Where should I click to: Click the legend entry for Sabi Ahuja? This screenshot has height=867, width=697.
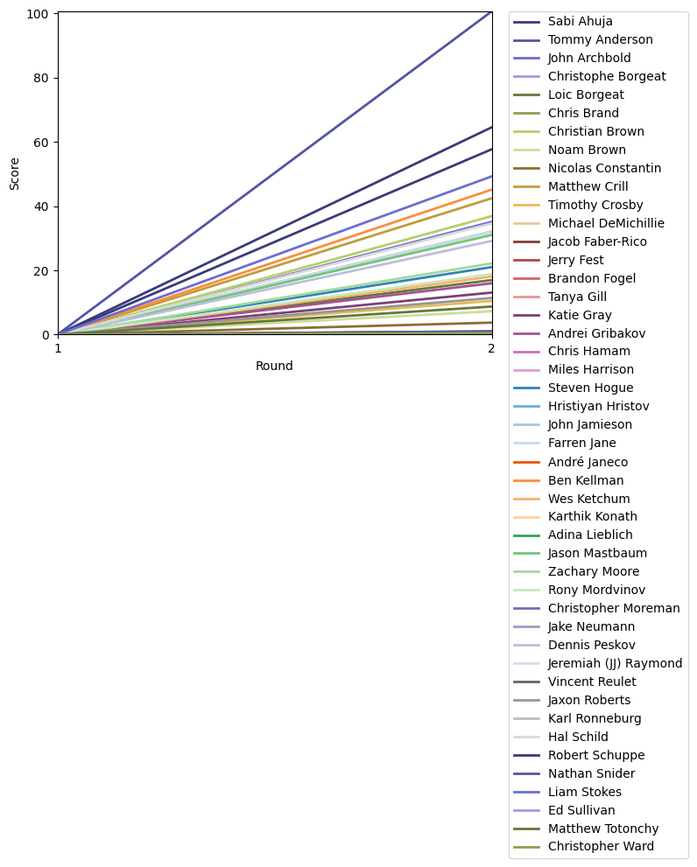click(581, 21)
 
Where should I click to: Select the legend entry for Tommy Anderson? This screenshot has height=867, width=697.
click(600, 39)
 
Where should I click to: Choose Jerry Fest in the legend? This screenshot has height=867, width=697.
click(576, 260)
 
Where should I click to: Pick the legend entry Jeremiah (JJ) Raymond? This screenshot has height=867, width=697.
click(615, 663)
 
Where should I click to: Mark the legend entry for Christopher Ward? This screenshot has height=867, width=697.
click(600, 846)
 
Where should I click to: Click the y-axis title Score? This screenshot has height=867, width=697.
click(15, 173)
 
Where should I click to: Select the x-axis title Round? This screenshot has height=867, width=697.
click(274, 367)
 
